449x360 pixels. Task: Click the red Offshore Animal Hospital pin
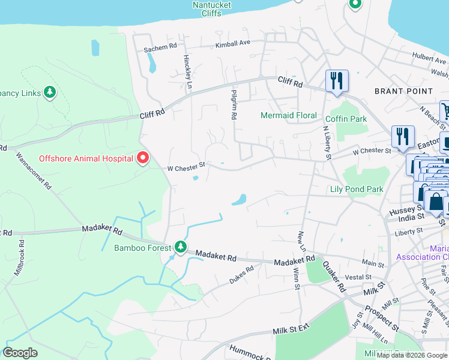[142, 158]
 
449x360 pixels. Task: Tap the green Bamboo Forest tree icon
[180, 247]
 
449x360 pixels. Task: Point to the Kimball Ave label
[233, 44]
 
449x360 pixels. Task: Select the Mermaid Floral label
[289, 115]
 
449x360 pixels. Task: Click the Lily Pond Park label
[357, 190]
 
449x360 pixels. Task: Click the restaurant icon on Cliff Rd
[336, 80]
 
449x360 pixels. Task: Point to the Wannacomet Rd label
[34, 170]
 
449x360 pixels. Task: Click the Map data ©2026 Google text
[412, 355]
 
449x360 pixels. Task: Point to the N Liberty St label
[328, 142]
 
